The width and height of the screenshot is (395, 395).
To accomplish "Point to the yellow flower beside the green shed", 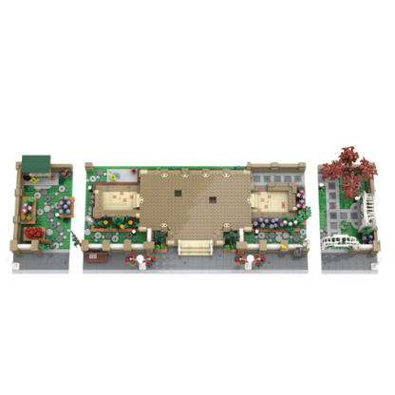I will click(x=35, y=179).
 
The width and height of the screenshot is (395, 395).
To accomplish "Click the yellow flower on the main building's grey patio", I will click(x=112, y=176).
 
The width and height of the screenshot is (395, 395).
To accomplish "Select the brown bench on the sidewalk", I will click(x=94, y=254).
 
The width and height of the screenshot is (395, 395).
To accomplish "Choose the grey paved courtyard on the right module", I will click(x=342, y=218).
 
